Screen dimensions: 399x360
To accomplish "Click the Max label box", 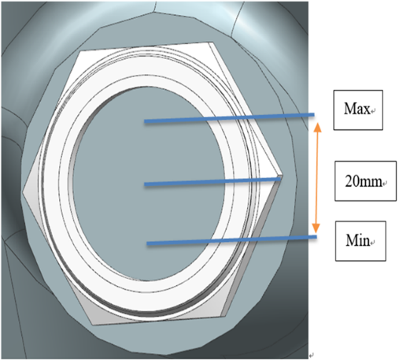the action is coord(358,109).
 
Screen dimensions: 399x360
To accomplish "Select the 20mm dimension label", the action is coord(365,181).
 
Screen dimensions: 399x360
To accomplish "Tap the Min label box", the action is coord(360,241).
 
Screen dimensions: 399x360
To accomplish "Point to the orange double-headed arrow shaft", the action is coord(317,178).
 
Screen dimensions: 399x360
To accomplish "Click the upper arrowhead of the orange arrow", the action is coord(318,127).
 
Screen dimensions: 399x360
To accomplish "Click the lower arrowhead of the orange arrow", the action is coord(316,228).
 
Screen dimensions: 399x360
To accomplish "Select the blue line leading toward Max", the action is coord(229,118).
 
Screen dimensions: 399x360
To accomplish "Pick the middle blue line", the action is coord(212,182).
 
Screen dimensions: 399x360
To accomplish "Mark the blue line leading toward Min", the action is coord(231,240).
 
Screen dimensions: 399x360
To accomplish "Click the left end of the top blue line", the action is coord(145,121).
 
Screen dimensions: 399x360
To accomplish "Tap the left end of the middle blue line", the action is coord(145,184).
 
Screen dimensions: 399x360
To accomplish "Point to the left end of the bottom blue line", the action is coord(147,243).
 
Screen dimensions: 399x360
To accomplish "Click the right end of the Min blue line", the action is coord(316,237).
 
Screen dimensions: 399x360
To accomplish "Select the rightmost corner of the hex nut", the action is coord(283,175).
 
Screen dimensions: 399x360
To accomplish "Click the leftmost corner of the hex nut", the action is coord(23,192).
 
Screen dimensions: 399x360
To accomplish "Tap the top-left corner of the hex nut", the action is coord(80,51).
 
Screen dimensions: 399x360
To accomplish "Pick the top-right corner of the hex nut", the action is coord(212,43).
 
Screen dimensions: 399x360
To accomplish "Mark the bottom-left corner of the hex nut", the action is coord(93,325).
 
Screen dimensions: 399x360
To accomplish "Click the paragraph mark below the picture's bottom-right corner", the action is coord(312,355).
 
